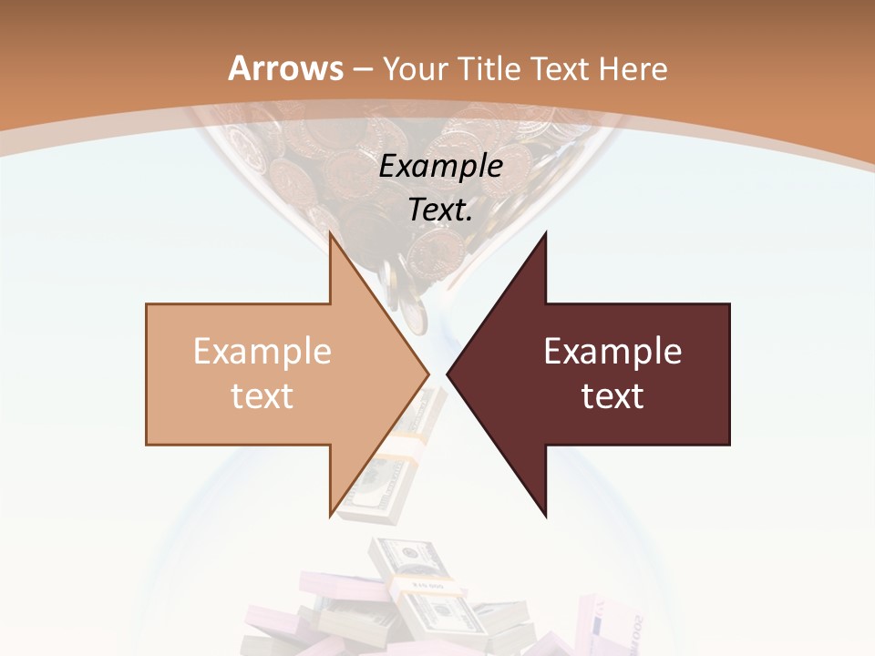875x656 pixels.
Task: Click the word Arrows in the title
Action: tap(285, 68)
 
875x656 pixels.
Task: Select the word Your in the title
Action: tap(414, 68)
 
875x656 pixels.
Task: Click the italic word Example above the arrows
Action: tap(441, 166)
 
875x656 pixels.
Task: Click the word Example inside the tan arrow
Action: tap(262, 352)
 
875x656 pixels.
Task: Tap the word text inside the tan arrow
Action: tap(262, 395)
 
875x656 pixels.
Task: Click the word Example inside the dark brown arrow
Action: tap(612, 352)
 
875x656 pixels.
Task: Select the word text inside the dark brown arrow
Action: tap(612, 395)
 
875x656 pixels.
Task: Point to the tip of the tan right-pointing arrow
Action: tap(427, 374)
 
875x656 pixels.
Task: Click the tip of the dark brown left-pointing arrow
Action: tap(449, 374)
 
